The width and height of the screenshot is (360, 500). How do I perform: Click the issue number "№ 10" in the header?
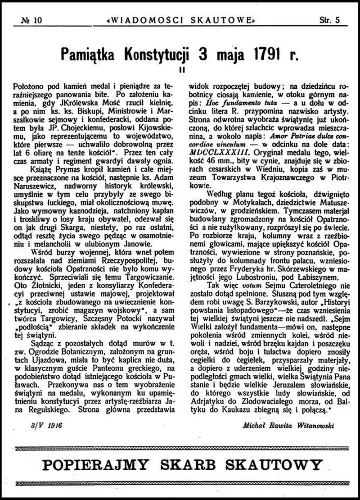tap(30, 20)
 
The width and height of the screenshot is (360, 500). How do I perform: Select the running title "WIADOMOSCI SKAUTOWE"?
tap(180, 20)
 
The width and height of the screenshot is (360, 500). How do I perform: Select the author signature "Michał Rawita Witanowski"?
tap(290, 425)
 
